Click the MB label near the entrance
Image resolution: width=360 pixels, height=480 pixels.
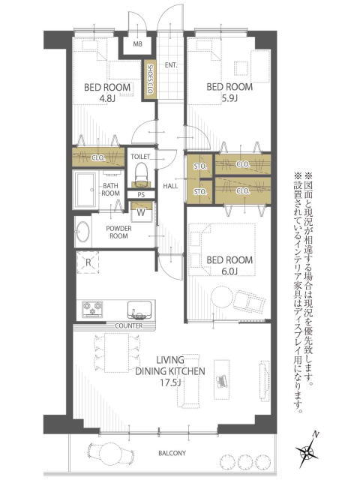(138, 44)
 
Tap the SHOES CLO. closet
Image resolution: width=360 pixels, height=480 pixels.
(150, 79)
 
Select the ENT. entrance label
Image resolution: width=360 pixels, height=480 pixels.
(171, 65)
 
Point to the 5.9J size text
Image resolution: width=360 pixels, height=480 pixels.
(229, 98)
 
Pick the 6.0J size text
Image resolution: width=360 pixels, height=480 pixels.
(229, 271)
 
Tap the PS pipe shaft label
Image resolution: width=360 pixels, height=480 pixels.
(141, 195)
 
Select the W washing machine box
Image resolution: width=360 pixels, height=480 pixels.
(141, 212)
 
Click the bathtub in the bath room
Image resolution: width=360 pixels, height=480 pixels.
(86, 190)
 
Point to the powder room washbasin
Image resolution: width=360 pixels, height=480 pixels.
(82, 232)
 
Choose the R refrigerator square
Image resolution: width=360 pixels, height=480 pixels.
(88, 262)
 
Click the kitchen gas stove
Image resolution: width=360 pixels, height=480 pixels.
(92, 308)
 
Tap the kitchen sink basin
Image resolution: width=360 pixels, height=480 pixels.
(139, 310)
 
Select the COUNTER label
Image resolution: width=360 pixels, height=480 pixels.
(129, 326)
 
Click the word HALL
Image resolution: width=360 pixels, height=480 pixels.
(170, 186)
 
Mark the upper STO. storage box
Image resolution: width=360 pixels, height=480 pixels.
(200, 166)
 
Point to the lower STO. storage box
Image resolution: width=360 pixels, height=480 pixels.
(200, 192)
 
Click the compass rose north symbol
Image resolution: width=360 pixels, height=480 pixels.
(307, 450)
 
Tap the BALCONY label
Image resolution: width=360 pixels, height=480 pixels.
(172, 453)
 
